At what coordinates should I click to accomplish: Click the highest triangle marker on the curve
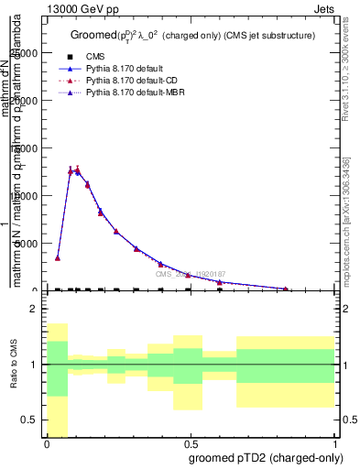pos(77,169)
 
